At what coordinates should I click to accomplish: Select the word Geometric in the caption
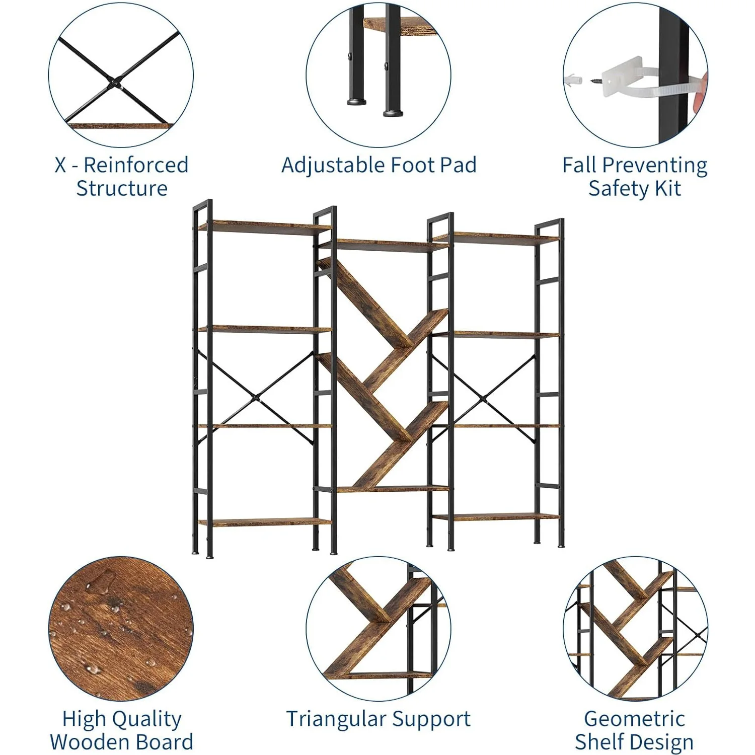pos(634,719)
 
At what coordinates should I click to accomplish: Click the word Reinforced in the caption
pos(136,165)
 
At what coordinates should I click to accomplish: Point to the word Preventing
pos(655,166)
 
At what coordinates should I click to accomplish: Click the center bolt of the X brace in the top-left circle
pos(116,82)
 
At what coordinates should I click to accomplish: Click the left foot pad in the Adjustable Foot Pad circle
pos(357,102)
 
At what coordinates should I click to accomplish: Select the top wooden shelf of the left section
pos(265,226)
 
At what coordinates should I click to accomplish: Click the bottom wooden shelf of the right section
pos(496,516)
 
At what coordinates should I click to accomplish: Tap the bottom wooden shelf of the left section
pos(265,522)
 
